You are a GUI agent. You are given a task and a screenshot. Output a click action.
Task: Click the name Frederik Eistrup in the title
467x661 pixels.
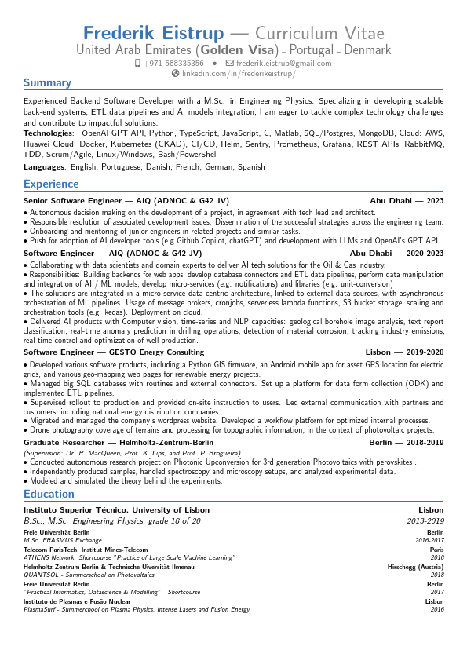[153, 33]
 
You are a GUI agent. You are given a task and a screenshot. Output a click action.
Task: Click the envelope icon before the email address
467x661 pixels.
[229, 63]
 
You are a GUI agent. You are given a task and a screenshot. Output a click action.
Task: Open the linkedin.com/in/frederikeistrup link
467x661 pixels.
[239, 73]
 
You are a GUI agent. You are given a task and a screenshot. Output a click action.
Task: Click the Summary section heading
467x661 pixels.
[47, 82]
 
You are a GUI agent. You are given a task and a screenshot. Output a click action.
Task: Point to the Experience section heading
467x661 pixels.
[51, 184]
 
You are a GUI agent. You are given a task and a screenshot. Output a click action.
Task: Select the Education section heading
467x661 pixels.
[49, 494]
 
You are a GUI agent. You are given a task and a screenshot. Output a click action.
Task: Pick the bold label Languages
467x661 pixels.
[44, 167]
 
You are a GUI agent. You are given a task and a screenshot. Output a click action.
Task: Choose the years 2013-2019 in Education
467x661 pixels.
[425, 520]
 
